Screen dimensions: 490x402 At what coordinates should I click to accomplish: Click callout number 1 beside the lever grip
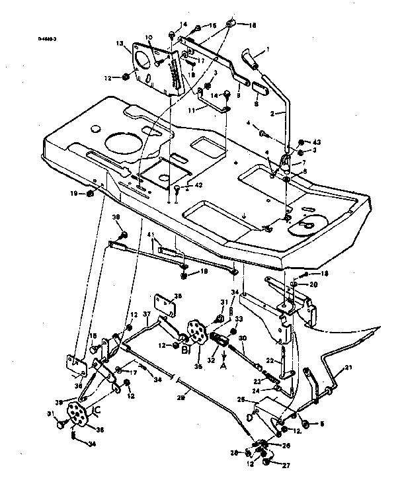click(267, 49)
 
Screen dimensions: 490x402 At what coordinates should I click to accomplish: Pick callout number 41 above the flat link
click(151, 235)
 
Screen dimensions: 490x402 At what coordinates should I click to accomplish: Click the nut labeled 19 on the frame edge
click(91, 194)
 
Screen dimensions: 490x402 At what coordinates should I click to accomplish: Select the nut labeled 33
click(232, 331)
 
